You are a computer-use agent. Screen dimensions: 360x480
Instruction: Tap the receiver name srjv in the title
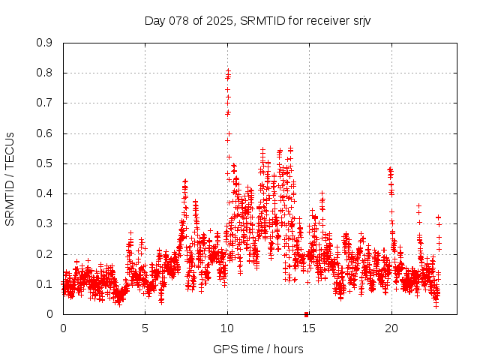[x=358, y=21]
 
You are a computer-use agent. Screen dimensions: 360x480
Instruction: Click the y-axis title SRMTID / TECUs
[x=10, y=178]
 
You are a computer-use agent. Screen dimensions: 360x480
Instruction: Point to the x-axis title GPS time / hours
[x=258, y=349]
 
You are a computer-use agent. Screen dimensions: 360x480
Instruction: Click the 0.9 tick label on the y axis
[x=44, y=43]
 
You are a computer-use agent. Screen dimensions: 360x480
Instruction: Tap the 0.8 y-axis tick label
[x=44, y=73]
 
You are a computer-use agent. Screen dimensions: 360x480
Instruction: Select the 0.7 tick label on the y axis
[x=44, y=103]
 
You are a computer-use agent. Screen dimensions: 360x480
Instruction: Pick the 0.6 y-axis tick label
[x=44, y=133]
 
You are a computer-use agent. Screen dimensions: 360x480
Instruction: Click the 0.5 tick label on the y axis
[x=44, y=163]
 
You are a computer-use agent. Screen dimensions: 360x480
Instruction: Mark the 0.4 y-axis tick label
[x=44, y=193]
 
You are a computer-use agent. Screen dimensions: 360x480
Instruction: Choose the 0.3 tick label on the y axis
[x=44, y=223]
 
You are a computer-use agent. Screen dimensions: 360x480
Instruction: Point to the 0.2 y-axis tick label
[x=44, y=254]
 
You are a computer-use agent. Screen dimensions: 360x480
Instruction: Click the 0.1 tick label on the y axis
[x=44, y=284]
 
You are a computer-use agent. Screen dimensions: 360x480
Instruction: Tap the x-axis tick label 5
[x=145, y=328]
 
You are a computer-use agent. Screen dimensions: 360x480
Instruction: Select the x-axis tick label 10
[x=227, y=328]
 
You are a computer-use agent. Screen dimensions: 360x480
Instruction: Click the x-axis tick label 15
[x=309, y=328]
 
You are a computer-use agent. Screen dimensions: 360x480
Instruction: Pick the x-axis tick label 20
[x=391, y=328]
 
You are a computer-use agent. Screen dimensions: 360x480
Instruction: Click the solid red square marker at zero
[x=306, y=314]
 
